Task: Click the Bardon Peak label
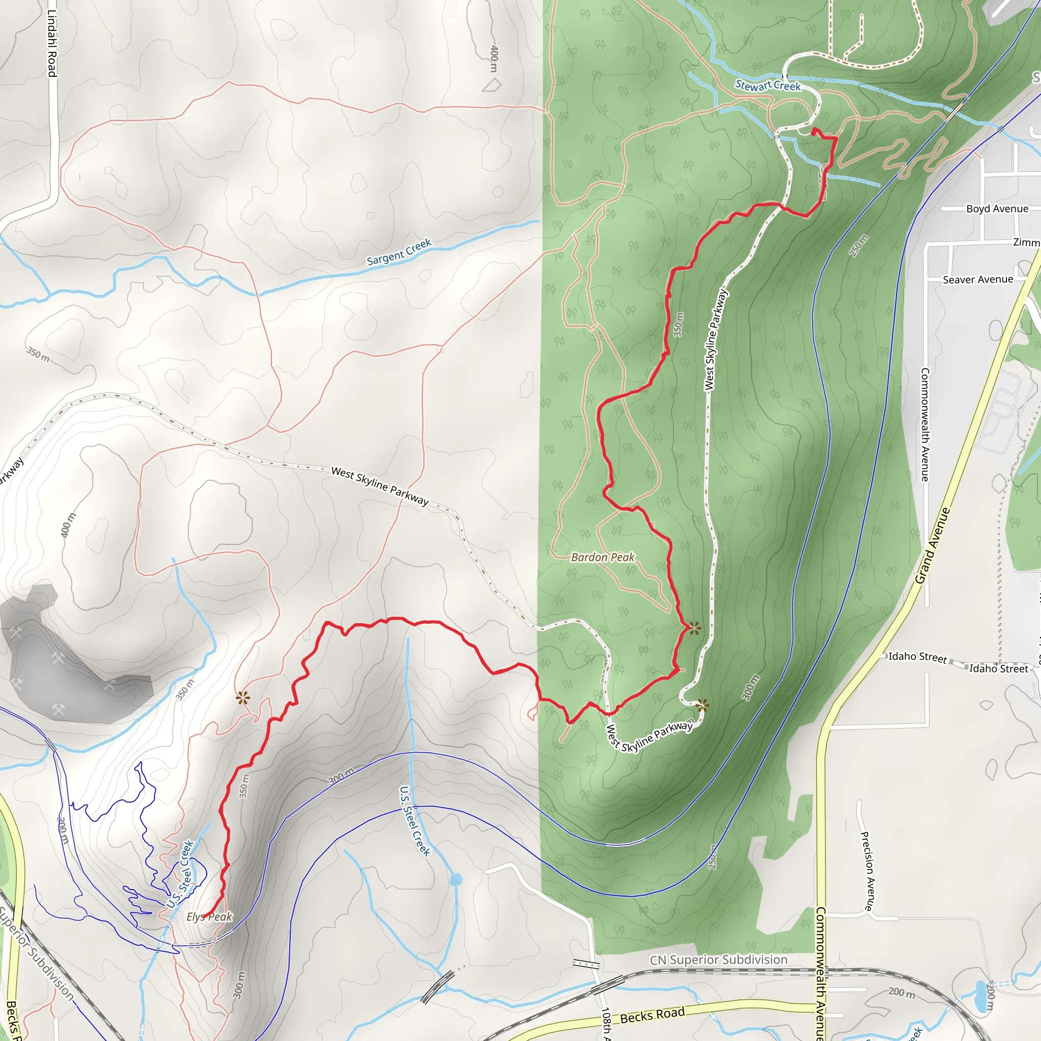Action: coord(603,558)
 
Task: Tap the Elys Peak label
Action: coord(209,916)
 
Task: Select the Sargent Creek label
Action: coord(399,252)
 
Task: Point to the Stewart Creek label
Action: coord(768,85)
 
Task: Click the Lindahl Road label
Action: coord(52,43)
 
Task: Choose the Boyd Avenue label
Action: coord(997,209)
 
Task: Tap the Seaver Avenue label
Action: coord(978,280)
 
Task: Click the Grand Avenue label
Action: coord(933,545)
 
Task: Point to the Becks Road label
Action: coord(653,1015)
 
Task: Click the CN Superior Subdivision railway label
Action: coord(719,960)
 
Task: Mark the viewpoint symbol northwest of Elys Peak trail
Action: coord(243,698)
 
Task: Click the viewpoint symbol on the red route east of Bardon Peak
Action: coord(694,628)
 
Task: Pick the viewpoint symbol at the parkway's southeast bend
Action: coord(702,706)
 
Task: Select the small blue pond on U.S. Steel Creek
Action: coord(456,880)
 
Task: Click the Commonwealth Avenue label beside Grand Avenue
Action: coord(925,424)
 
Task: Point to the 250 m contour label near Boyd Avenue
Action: coord(859,246)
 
